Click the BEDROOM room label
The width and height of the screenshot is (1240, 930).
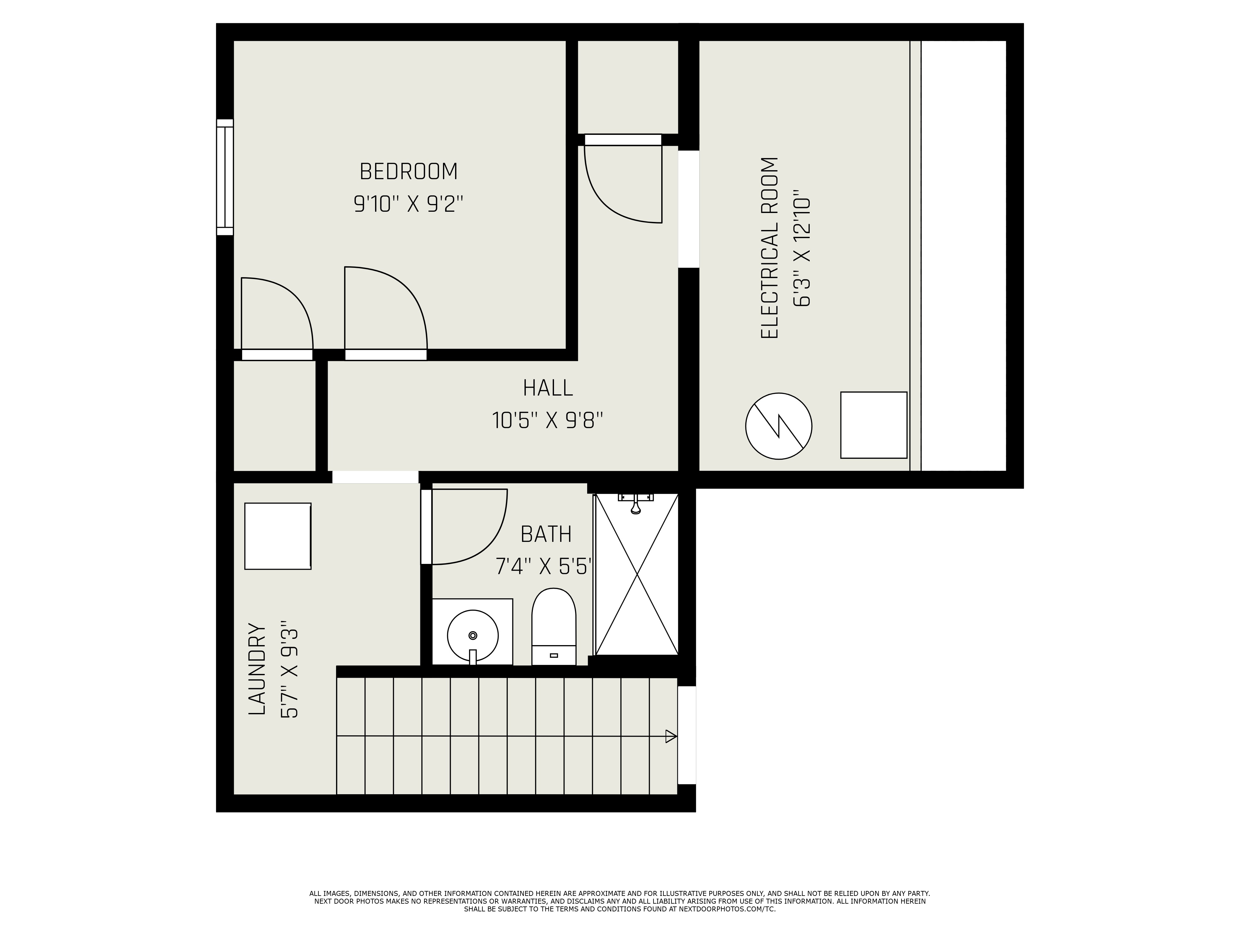point(409,171)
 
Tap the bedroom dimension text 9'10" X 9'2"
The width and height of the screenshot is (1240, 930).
point(409,203)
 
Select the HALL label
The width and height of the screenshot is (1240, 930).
point(548,388)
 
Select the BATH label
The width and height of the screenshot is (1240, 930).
point(546,534)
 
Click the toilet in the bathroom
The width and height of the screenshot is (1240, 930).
point(554,627)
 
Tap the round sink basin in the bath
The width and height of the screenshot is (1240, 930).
point(472,635)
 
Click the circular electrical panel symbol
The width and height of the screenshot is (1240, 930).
point(779,426)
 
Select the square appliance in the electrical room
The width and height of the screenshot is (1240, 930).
point(873,425)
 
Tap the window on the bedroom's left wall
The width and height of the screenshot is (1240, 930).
point(225,177)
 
